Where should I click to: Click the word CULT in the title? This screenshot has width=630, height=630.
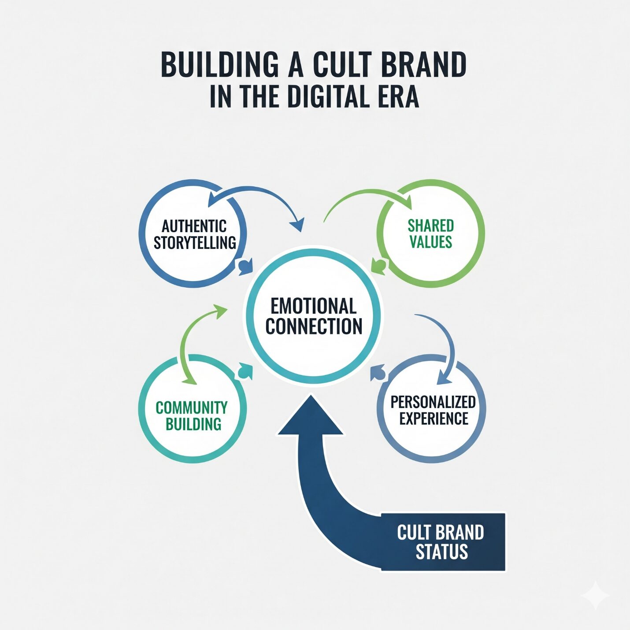(342, 65)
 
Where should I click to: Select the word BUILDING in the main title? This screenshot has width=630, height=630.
(220, 65)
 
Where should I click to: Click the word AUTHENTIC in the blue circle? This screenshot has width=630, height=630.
(194, 226)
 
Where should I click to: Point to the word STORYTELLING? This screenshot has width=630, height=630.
(195, 243)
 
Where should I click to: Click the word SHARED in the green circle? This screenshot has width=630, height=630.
(430, 226)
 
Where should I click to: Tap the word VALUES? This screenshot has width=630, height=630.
(430, 242)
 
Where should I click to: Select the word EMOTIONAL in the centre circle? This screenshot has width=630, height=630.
(313, 306)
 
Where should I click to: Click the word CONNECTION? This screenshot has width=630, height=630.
(314, 326)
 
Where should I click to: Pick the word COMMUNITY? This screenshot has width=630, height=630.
(192, 408)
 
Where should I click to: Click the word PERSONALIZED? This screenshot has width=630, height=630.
(433, 402)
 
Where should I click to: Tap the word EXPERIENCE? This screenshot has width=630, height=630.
(434, 419)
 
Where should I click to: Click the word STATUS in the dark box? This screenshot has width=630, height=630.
(441, 552)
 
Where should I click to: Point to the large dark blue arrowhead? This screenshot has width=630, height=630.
(311, 416)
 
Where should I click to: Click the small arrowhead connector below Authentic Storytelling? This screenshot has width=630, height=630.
(245, 267)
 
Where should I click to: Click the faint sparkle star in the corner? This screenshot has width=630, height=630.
(595, 595)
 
